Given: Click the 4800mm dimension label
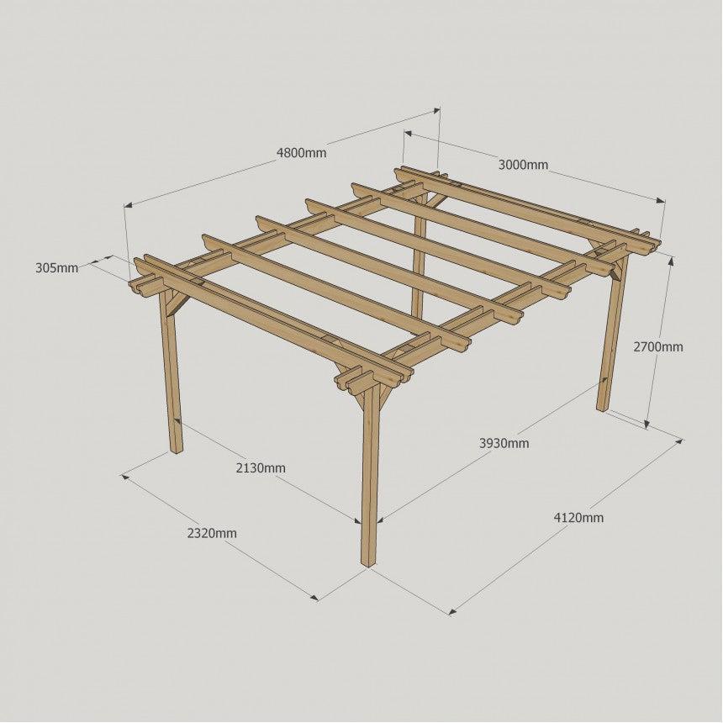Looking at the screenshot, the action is tap(301, 152).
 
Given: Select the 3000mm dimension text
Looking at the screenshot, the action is tap(524, 165).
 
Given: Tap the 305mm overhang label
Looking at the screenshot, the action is tap(56, 268).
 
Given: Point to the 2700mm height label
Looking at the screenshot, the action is tap(658, 346).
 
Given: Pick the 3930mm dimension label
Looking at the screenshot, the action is tap(504, 444).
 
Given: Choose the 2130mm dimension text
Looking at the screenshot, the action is tap(261, 468).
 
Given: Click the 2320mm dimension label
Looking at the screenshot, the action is tap(212, 534).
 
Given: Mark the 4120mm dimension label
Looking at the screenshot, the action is tap(578, 518).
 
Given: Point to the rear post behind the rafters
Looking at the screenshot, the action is tap(419, 258).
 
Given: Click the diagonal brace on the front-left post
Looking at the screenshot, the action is tap(180, 304).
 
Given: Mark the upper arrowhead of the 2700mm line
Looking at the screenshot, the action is tap(671, 261).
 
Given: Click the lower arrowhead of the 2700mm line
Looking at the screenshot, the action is tap(647, 424).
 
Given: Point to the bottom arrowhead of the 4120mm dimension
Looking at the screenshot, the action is tap(453, 612).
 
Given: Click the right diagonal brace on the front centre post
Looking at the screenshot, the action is tap(385, 393).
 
